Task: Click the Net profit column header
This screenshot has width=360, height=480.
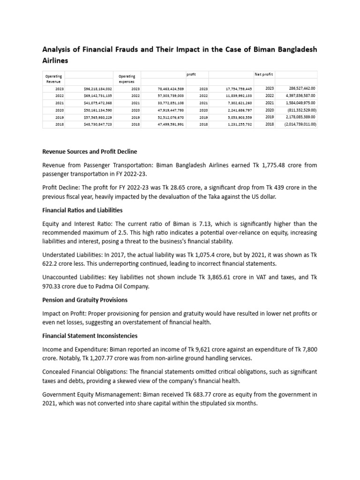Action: tap(263, 74)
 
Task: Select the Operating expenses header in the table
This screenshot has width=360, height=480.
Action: tap(127, 79)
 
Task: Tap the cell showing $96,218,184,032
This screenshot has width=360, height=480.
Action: tap(97, 89)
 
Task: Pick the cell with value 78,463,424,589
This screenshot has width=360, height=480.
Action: tap(171, 89)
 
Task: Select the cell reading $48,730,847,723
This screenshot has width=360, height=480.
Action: tap(97, 124)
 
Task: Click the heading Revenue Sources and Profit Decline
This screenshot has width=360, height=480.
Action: tap(90, 151)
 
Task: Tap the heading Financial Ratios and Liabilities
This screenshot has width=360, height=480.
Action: tap(82, 210)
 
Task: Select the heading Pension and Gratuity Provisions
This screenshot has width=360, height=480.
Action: tap(85, 300)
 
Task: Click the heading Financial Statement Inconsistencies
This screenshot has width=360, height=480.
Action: tap(90, 336)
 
